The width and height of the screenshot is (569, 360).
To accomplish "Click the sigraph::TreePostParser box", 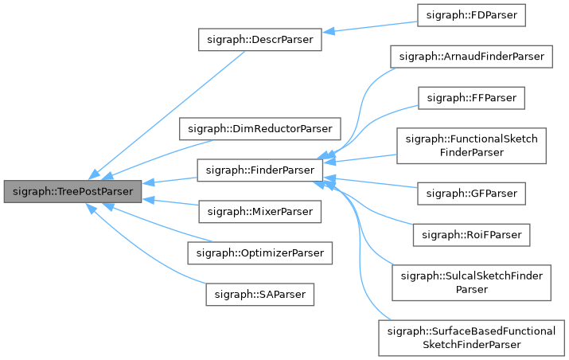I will click(72, 191).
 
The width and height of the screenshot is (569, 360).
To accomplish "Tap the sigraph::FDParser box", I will click(471, 16).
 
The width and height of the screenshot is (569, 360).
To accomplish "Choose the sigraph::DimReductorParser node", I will click(259, 128).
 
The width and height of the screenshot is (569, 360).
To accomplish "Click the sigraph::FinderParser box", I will click(259, 170).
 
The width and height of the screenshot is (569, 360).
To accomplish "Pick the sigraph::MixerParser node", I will click(259, 211).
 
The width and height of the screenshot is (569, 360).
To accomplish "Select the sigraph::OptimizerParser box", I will click(259, 252).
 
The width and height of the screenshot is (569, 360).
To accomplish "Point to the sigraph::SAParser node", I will click(259, 294).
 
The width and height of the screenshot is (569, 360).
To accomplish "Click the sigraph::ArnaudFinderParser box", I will click(471, 57).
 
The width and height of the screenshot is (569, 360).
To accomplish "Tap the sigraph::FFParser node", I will click(471, 98).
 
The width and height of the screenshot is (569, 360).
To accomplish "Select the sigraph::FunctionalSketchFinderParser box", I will click(471, 145).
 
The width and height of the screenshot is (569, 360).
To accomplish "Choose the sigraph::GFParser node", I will click(471, 193).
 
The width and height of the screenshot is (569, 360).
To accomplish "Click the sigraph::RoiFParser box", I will click(471, 234).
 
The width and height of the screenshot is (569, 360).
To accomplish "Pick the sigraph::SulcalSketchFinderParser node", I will click(471, 282).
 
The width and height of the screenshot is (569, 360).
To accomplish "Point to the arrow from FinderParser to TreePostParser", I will click(171, 180).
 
